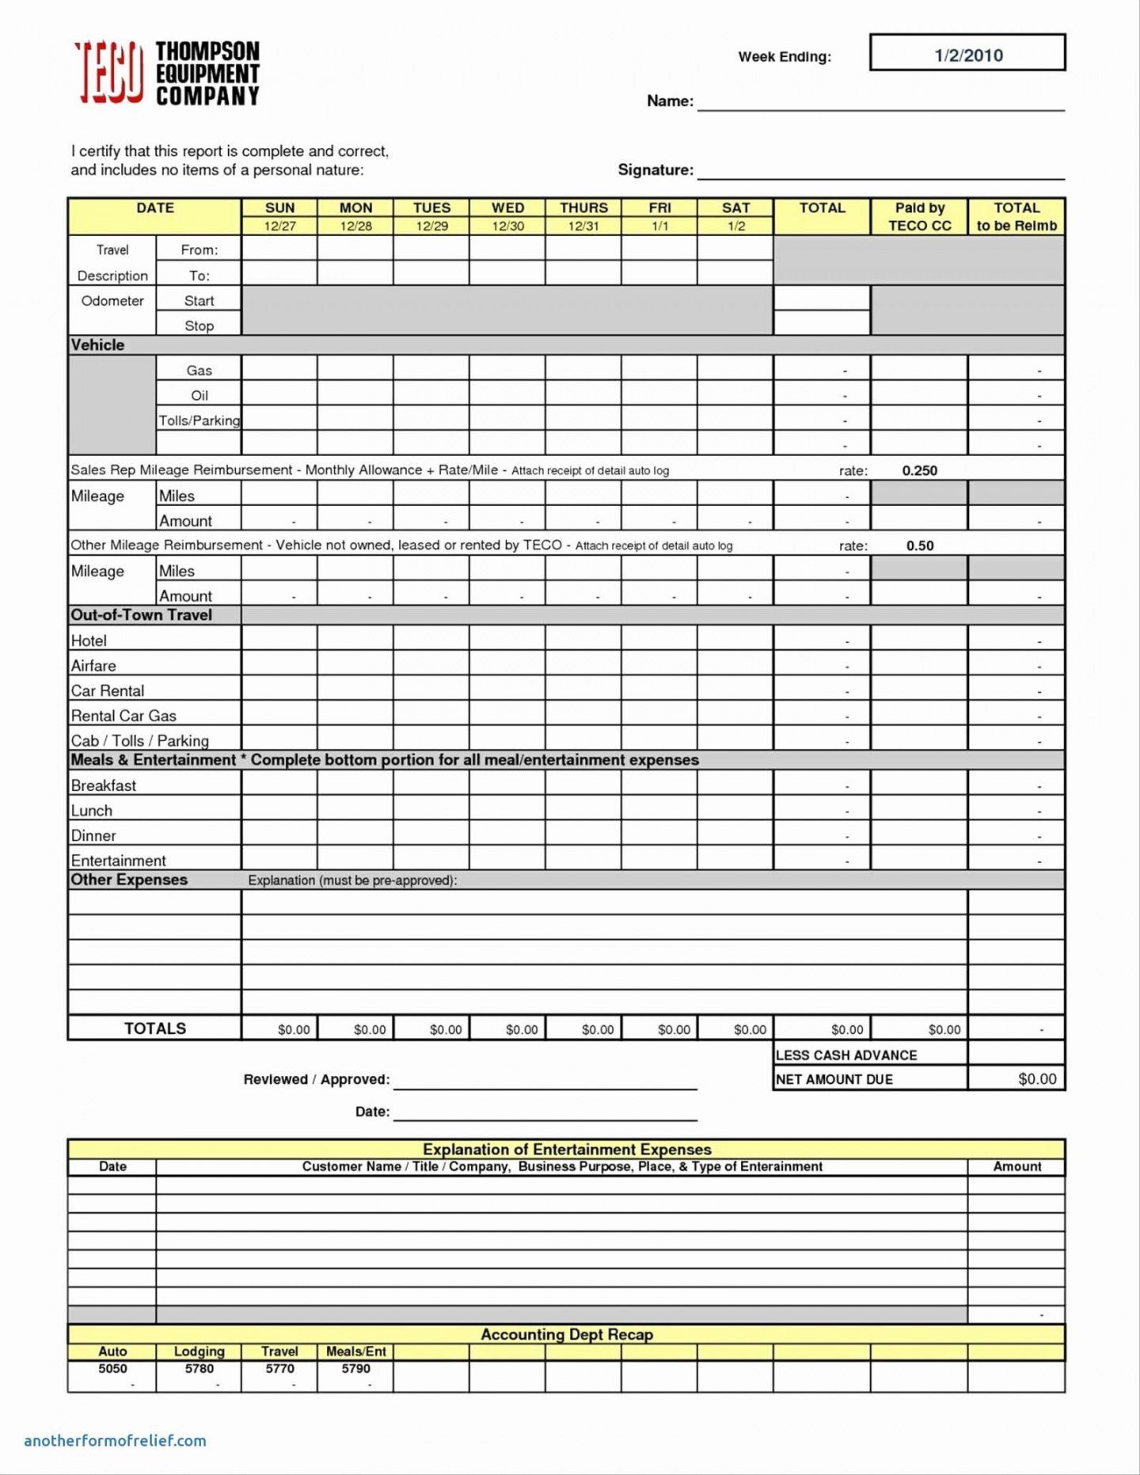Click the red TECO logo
coord(110,73)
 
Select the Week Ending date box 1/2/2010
coord(967,54)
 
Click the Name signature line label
coord(670,101)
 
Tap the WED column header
coord(507,207)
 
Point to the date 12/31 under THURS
coord(583,226)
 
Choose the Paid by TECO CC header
coord(919,216)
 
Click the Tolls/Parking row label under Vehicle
coord(199,420)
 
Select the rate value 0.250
coord(919,470)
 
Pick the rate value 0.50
coord(920,546)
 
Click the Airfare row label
coord(93,666)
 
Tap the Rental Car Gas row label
coord(123,716)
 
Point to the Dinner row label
coord(93,836)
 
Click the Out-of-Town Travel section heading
coord(142,615)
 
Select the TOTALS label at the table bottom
coord(155,1028)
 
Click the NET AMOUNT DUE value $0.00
coord(1037,1079)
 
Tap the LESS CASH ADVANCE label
coord(846,1055)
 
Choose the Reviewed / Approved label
coord(317,1079)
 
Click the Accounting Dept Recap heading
coord(567,1334)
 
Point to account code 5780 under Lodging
coord(199,1368)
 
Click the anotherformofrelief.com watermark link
coord(116,1441)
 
